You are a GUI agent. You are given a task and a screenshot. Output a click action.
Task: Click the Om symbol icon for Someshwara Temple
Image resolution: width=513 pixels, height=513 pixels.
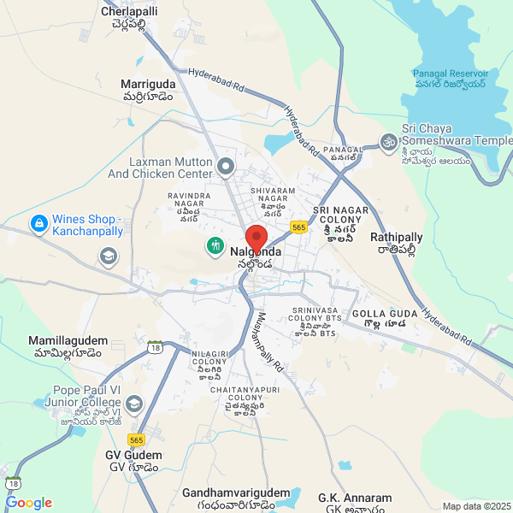click(x=388, y=140)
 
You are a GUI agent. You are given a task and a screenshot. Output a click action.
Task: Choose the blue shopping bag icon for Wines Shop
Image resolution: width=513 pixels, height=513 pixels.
click(x=38, y=225)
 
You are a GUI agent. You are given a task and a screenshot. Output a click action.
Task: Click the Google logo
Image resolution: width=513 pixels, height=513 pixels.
click(x=28, y=503)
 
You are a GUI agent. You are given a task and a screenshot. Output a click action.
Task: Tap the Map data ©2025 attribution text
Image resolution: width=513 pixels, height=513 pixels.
click(x=476, y=506)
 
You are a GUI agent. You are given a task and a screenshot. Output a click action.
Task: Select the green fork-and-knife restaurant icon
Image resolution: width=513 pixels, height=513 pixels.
click(x=215, y=246)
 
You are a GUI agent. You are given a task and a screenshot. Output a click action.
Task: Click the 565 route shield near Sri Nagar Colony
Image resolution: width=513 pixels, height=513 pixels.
click(x=298, y=227)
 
